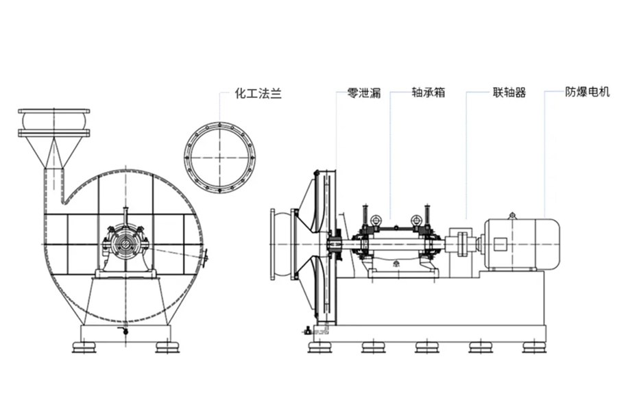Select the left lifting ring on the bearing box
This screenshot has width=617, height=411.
tap(376, 221)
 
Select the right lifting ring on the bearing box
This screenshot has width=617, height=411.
tap(416, 221)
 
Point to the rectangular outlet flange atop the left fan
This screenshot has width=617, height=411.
tap(54, 112)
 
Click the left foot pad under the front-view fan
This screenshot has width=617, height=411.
tap(85, 347)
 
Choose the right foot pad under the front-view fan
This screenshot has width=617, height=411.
tap(167, 347)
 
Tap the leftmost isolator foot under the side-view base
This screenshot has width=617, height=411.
tap(319, 347)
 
